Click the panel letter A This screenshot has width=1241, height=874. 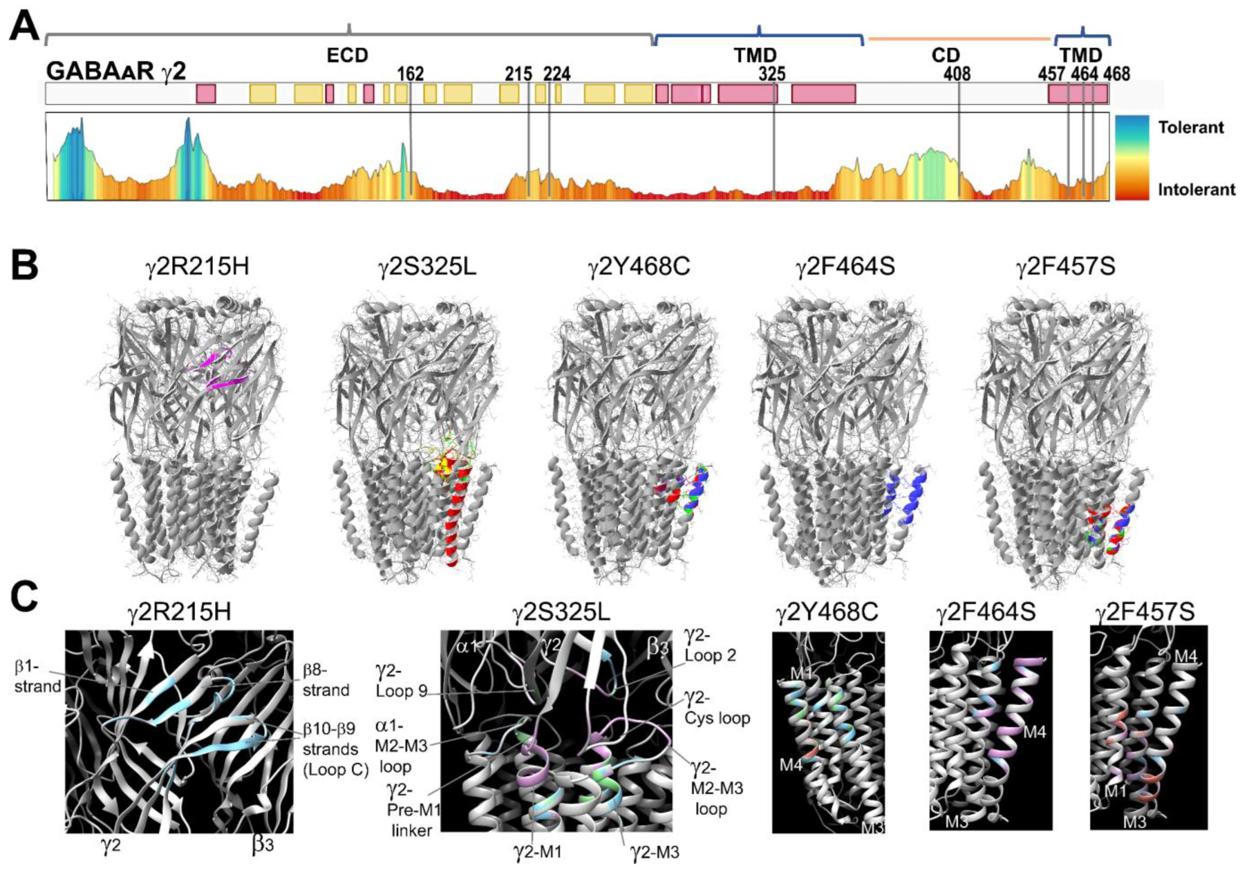coord(24,27)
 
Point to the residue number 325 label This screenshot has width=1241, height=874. coord(771,74)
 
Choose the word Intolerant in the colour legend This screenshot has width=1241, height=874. coord(1196,189)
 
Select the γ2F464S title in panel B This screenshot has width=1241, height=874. coord(845,267)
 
